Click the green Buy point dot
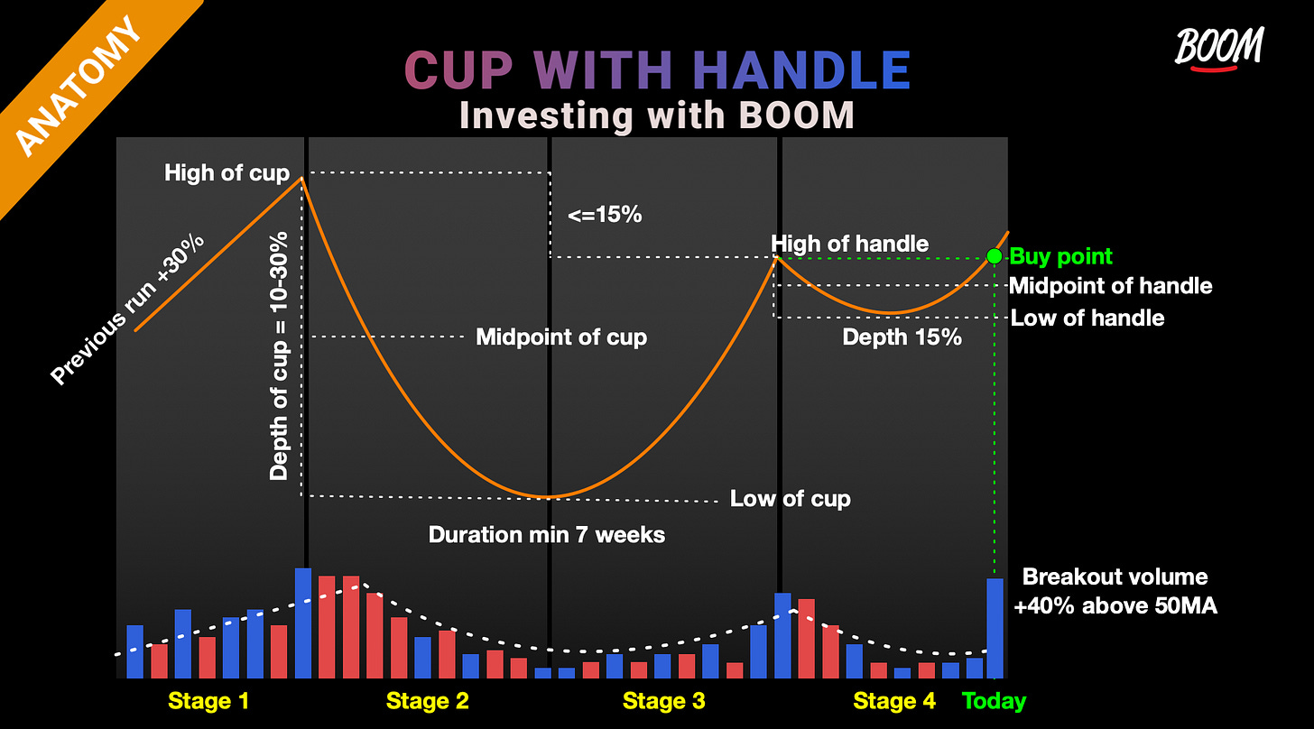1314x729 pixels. [995, 256]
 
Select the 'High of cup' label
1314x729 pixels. [227, 173]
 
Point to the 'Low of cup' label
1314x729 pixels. [790, 498]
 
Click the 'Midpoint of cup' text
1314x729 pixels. [561, 337]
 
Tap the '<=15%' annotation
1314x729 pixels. [605, 216]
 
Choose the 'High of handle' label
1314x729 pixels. [849, 243]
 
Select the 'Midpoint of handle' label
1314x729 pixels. [1110, 286]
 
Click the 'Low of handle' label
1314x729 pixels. [1087, 318]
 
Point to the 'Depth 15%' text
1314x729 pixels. [902, 337]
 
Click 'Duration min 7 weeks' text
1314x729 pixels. [546, 534]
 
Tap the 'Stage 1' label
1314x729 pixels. [208, 701]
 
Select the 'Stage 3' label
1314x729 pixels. [664, 701]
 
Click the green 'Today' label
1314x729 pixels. [995, 701]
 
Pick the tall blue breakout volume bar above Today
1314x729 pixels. [995, 628]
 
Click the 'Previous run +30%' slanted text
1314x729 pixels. [128, 309]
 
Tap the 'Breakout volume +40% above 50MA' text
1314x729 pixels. [1115, 591]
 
